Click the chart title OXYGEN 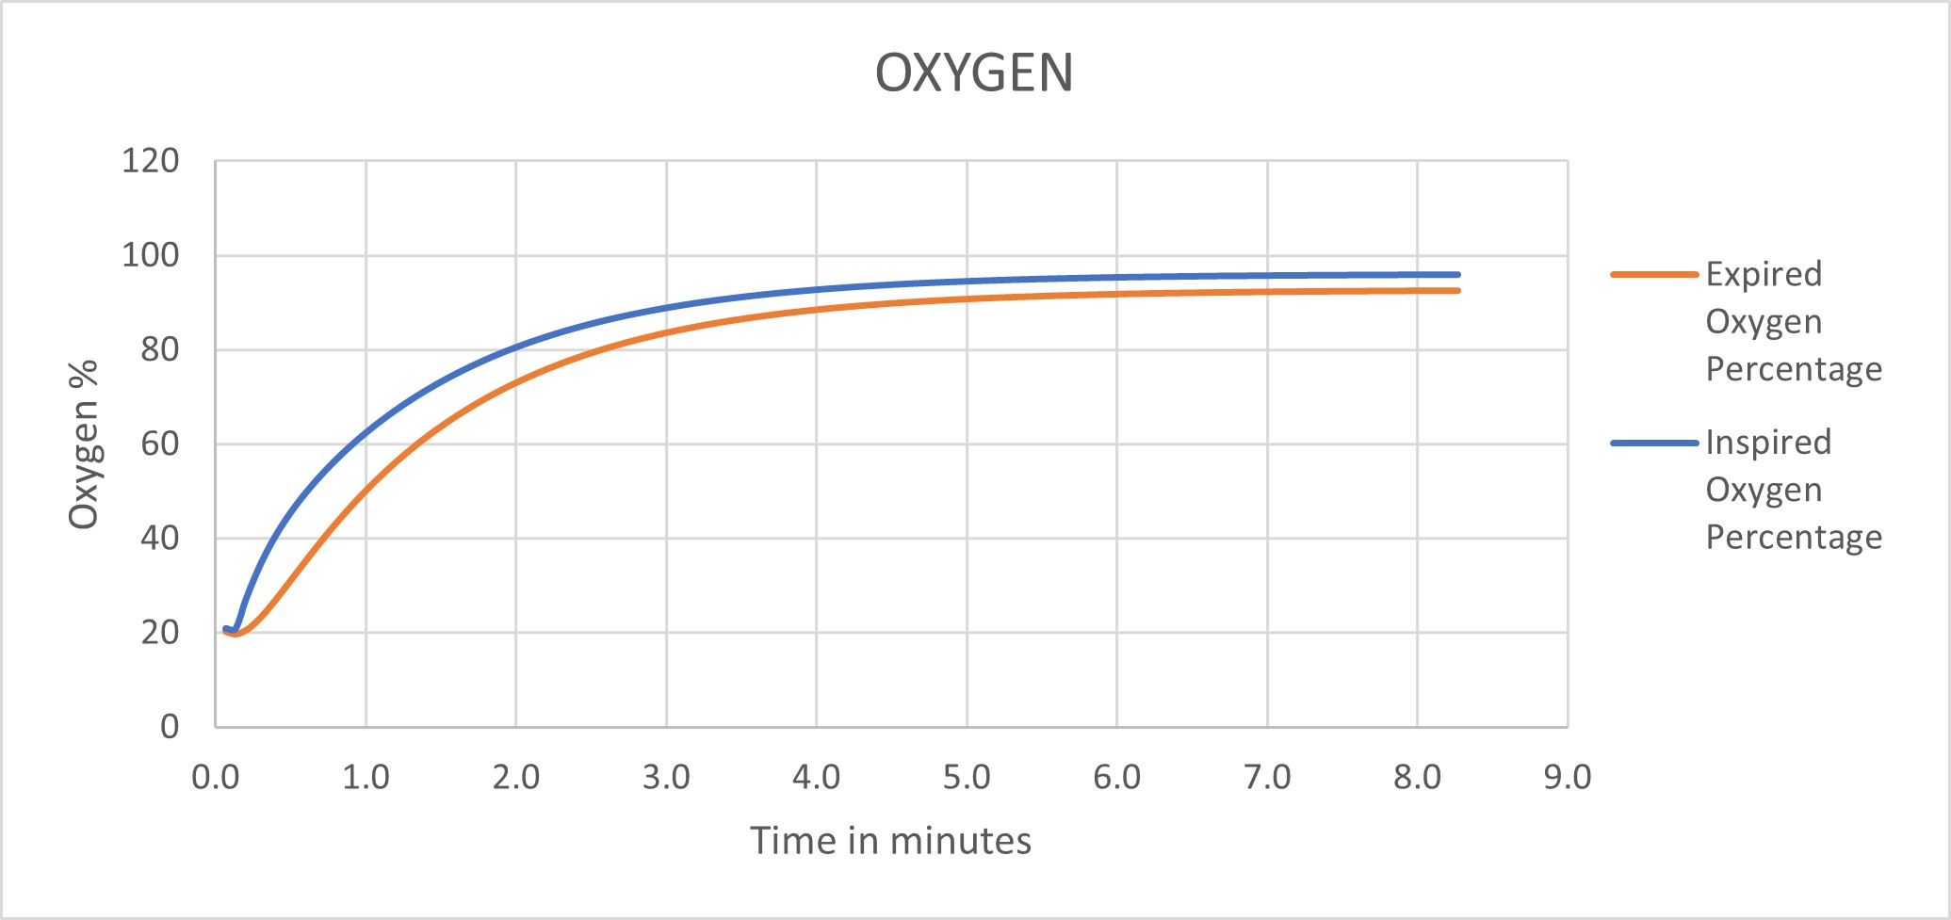[x=974, y=73]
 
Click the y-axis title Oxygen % [x=84, y=444]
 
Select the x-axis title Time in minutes [x=890, y=840]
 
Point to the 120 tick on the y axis [x=150, y=161]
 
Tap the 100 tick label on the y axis [x=150, y=255]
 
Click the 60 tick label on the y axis [x=159, y=444]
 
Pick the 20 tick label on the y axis [x=159, y=633]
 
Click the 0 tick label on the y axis [x=170, y=726]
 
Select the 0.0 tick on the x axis [x=215, y=778]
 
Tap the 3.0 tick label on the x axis [x=666, y=778]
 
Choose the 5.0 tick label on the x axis [x=967, y=778]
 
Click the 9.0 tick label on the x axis [x=1568, y=778]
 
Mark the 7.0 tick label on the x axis [x=1267, y=778]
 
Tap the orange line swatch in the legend [x=1654, y=275]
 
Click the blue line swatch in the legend [x=1654, y=443]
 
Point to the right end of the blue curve [x=1457, y=275]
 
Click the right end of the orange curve [x=1457, y=291]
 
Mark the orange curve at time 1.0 [x=366, y=491]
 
